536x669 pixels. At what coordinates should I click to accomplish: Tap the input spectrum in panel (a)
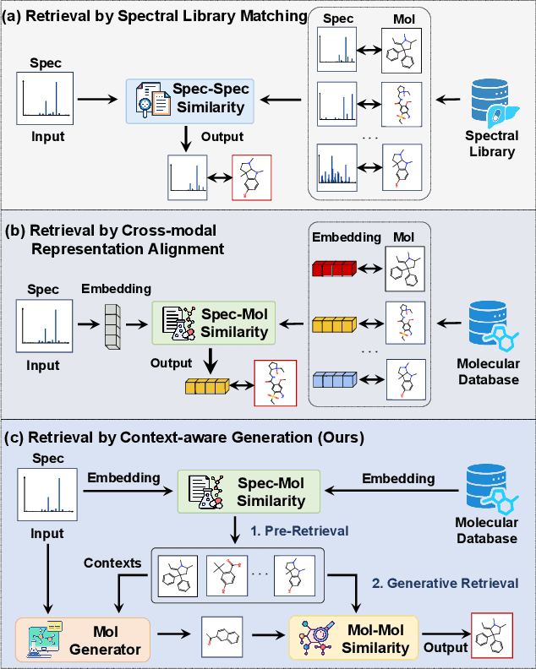[x=46, y=95]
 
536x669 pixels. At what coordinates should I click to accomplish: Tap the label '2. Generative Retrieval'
[x=446, y=583]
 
